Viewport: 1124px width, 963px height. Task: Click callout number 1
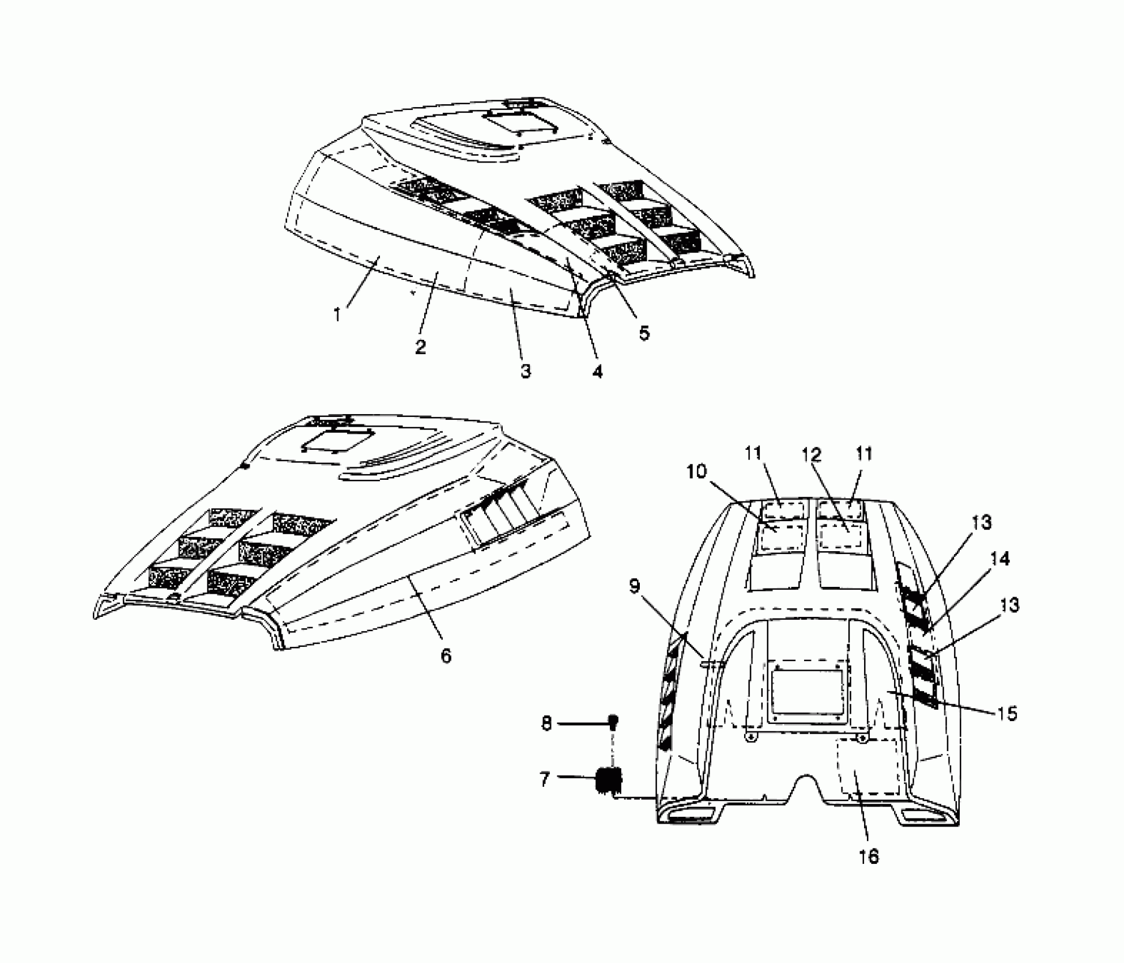[337, 314]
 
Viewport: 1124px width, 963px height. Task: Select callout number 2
[420, 346]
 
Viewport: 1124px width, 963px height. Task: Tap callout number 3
[525, 371]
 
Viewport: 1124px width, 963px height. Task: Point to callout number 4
[597, 371]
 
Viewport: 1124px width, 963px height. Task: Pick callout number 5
[644, 333]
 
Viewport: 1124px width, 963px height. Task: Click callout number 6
[446, 655]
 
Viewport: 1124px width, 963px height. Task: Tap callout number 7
[545, 779]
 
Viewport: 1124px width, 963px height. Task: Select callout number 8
[546, 724]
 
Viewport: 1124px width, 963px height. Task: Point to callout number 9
[634, 586]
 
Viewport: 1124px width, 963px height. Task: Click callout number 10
[697, 471]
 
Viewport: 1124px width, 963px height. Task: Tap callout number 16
[869, 857]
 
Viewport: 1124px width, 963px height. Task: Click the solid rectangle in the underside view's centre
[807, 692]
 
